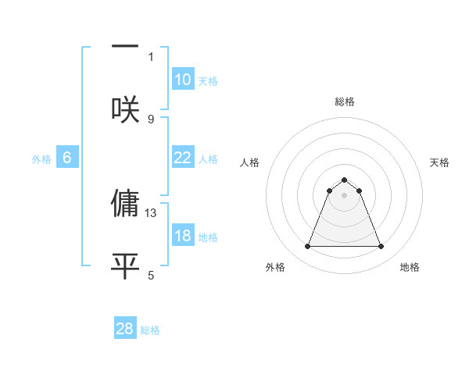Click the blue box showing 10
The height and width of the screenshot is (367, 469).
pos(183,80)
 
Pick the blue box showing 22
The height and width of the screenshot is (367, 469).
pos(183,158)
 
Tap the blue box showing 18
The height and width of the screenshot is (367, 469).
pos(183,236)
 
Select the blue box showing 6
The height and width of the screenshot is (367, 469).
pos(67,158)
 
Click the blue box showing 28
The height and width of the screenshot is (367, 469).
pos(125,329)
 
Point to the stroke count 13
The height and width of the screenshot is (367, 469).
pos(151,212)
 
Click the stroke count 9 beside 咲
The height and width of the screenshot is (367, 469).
pos(151,119)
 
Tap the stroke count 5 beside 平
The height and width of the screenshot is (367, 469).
pos(151,275)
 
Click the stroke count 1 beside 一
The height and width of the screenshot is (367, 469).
pos(151,56)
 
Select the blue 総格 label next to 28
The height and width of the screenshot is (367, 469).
pos(150,330)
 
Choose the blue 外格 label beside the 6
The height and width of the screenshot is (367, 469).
pos(41,159)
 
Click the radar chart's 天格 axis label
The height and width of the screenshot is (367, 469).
pos(439,162)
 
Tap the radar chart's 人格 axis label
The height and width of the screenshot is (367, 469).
pos(250,162)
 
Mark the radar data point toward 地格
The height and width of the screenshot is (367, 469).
pos(381,247)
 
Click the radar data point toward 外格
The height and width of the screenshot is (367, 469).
pos(307,247)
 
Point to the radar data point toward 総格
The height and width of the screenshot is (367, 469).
pos(344,180)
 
